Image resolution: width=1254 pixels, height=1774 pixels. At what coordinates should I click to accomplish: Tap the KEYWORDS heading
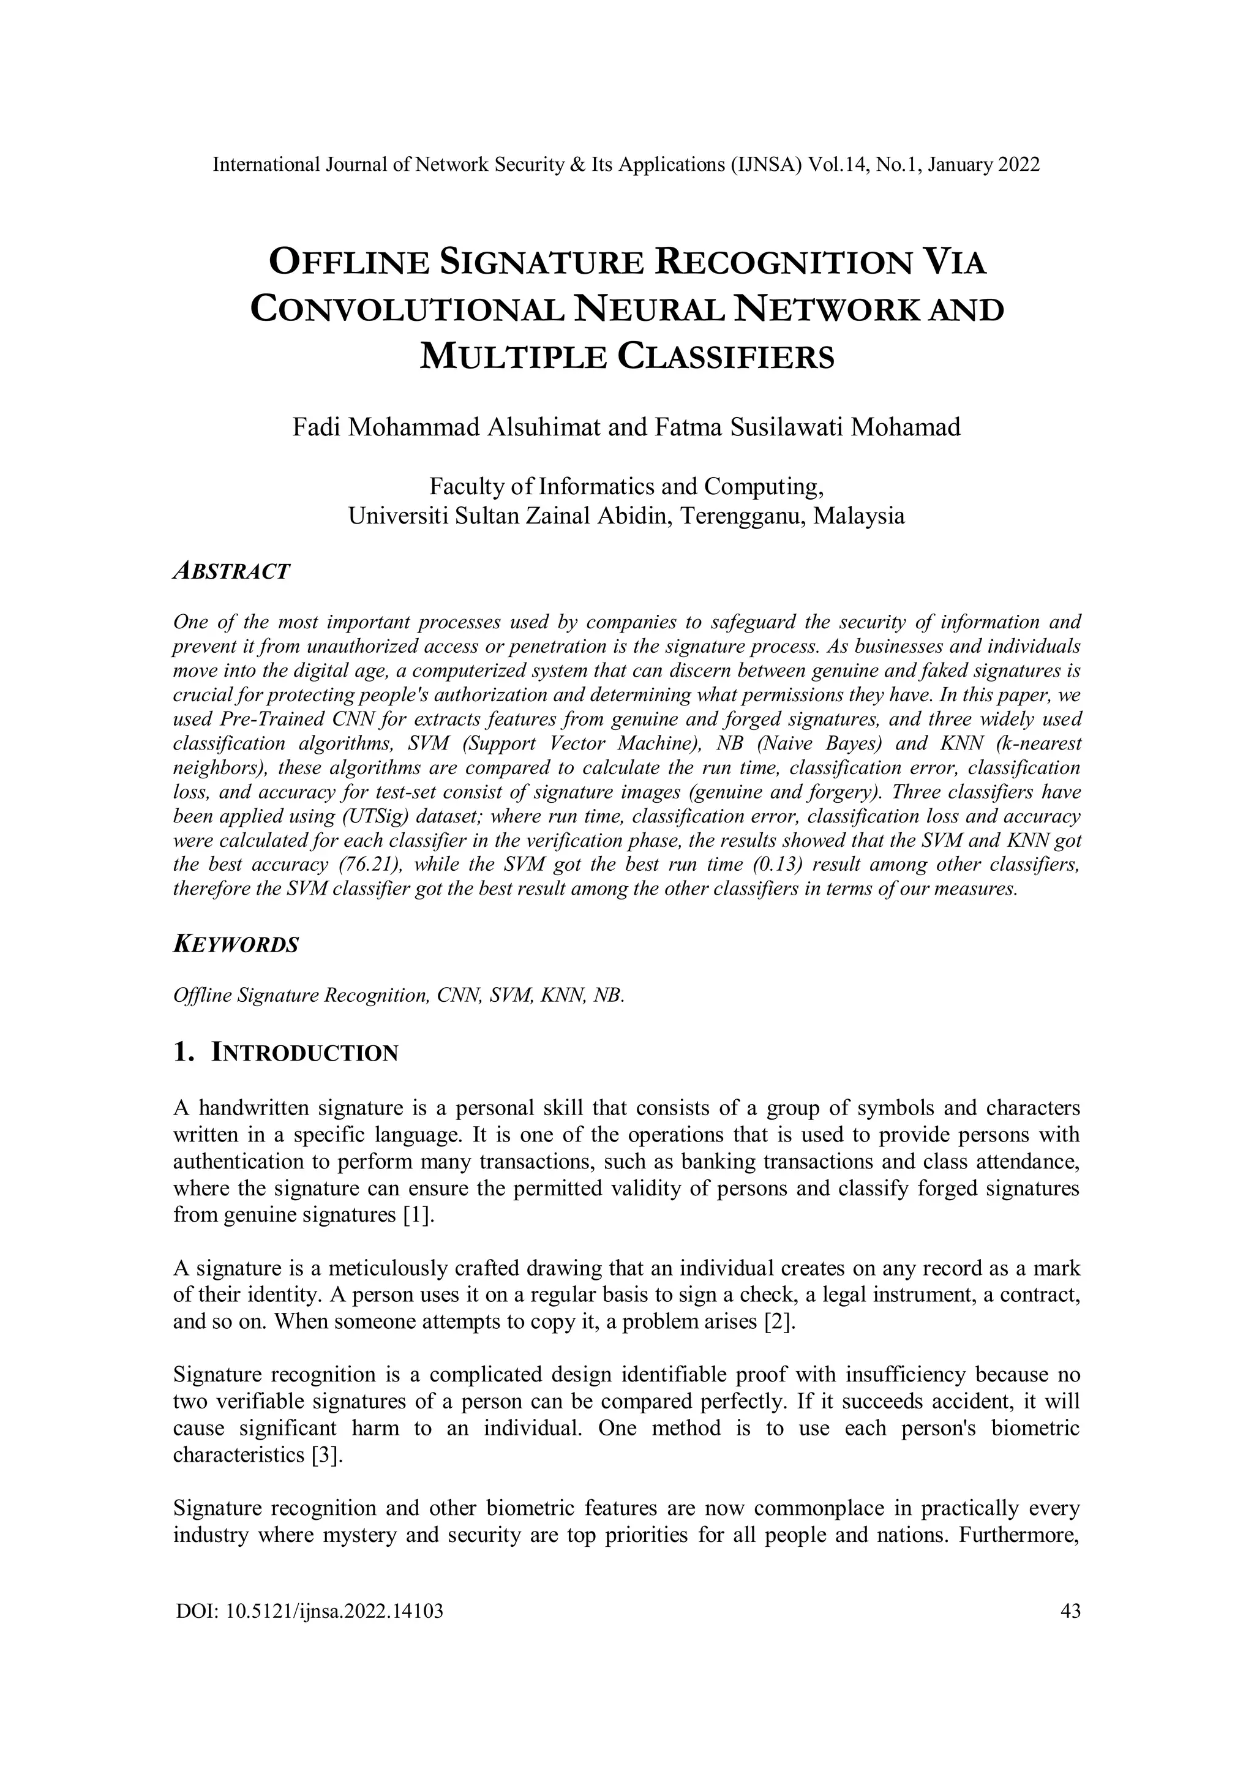[236, 944]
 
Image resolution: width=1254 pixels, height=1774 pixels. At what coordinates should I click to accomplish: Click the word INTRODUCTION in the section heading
[305, 1053]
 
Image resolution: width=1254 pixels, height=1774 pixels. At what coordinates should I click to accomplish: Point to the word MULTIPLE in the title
[509, 356]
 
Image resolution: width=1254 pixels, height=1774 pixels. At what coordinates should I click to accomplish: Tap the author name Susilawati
[784, 427]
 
